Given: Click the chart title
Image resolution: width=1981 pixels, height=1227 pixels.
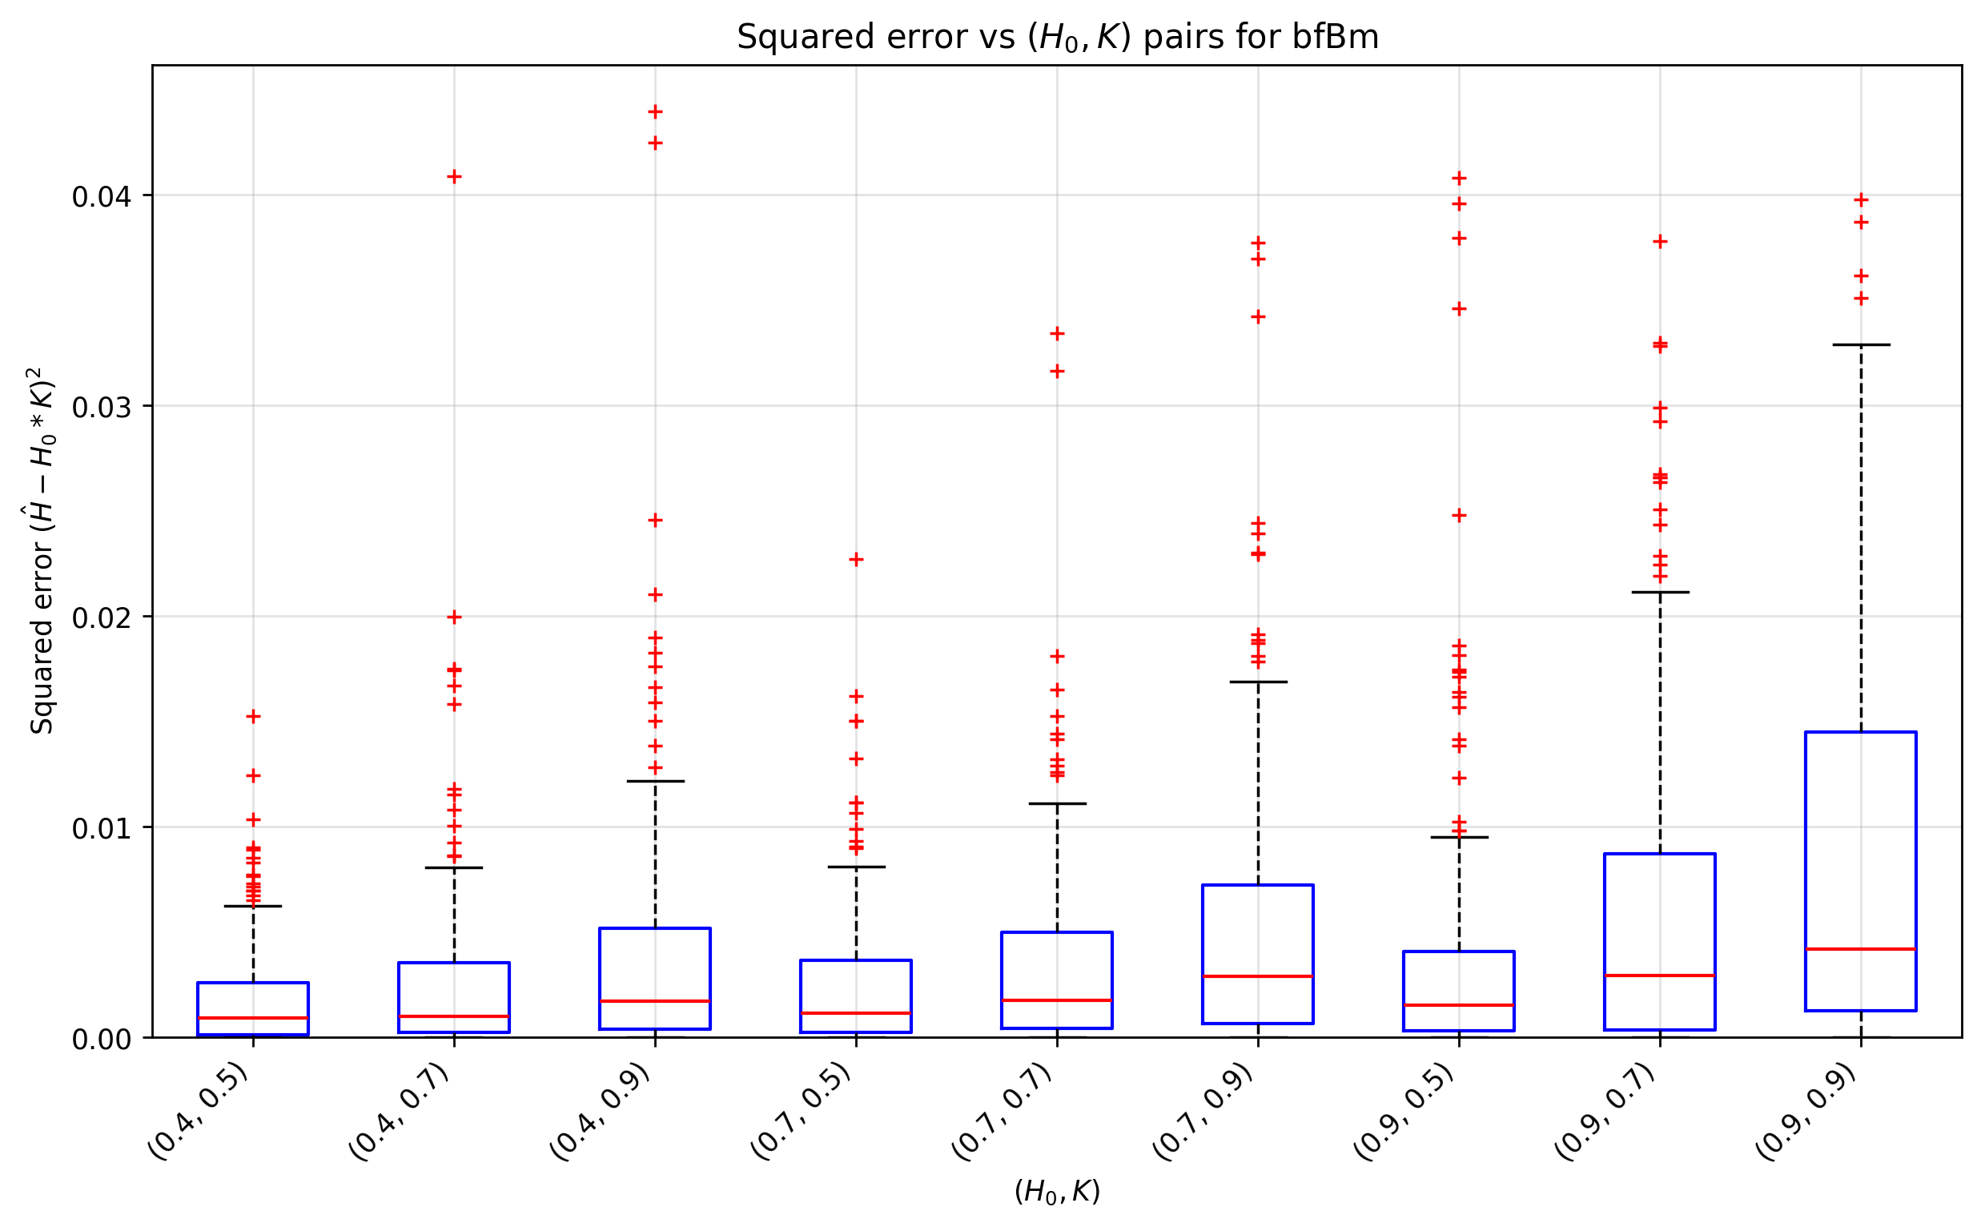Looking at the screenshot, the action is pos(1057,38).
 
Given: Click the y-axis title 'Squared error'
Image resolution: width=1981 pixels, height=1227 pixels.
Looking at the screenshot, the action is pos(41,551).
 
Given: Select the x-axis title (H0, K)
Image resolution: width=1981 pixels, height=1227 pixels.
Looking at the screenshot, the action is pos(1057,1191).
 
